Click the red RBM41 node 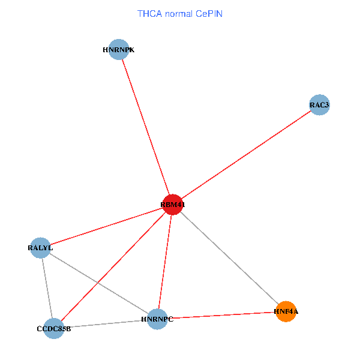coord(172,205)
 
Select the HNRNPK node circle coord(119,50)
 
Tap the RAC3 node coord(319,105)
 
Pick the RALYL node coord(40,247)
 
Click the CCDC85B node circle coord(53,328)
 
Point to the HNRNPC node coord(157,319)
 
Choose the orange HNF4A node coord(286,311)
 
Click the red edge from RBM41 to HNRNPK coord(146,127)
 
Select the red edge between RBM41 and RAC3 coord(246,155)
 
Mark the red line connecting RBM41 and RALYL coord(106,226)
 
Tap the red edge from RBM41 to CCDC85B coord(113,266)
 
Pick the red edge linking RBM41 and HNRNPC coord(165,262)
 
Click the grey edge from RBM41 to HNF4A coord(229,258)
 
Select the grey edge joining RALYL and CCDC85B coord(47,288)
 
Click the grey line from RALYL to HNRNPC coord(99,283)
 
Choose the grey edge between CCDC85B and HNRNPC coord(106,323)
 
